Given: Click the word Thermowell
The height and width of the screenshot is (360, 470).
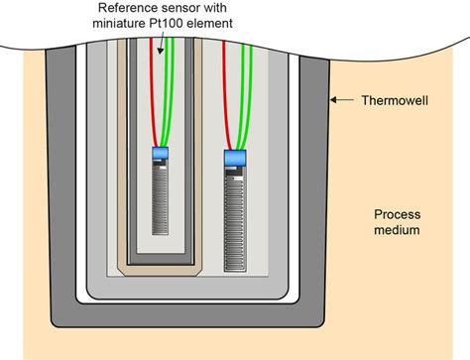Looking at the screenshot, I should [390, 99].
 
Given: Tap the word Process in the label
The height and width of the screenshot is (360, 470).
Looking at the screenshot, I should [399, 214].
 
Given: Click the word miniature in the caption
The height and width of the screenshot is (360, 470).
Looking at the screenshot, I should [116, 23].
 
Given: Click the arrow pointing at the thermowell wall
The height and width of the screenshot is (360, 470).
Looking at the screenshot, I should [340, 99].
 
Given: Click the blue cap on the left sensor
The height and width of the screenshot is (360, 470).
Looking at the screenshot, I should [162, 154].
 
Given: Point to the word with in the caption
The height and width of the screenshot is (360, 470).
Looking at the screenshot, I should [248, 8].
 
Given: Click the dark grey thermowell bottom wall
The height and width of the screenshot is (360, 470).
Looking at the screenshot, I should [188, 315].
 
